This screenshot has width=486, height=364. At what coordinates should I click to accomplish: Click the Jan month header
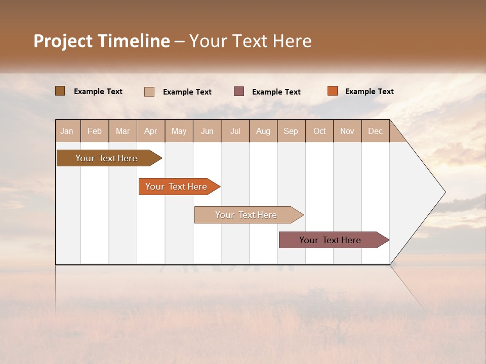(67, 131)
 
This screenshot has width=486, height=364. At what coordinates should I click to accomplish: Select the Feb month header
(95, 131)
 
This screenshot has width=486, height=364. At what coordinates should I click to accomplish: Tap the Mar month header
(123, 131)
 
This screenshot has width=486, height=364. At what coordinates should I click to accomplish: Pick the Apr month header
(151, 131)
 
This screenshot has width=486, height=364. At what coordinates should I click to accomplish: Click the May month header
(179, 131)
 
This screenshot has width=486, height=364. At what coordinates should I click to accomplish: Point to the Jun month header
(207, 131)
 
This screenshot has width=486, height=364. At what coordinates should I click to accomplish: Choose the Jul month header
(235, 131)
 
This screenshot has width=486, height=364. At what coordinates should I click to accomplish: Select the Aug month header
(263, 131)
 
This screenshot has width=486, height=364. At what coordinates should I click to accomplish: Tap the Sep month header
(291, 131)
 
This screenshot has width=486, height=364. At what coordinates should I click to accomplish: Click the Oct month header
(319, 131)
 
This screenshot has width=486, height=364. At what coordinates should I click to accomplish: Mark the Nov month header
(347, 131)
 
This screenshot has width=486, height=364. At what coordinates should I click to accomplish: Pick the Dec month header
(376, 131)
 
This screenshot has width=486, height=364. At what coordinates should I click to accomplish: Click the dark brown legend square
(60, 91)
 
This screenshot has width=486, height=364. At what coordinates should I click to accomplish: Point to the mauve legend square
(239, 92)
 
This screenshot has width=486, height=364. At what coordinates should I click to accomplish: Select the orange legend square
(332, 91)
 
